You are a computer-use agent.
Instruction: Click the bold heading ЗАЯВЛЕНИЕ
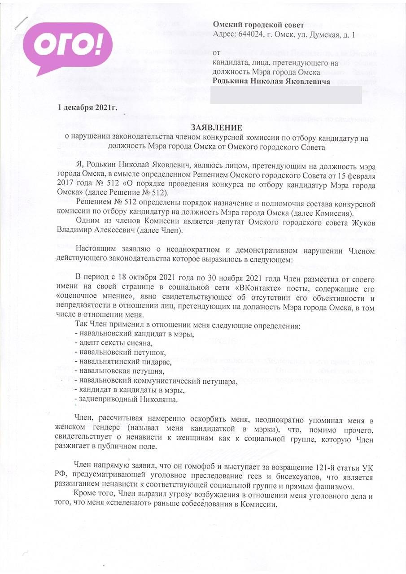(x=216, y=128)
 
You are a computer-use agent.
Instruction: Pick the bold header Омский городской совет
(x=258, y=25)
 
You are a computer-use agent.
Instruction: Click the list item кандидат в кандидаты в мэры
(x=129, y=389)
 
